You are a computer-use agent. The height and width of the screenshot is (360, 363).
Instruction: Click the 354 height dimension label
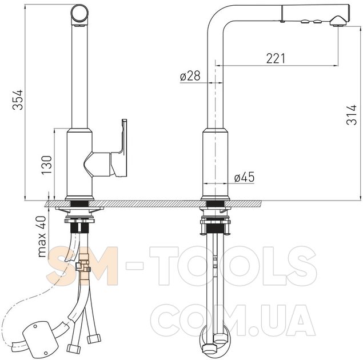pyautogui.click(x=18, y=100)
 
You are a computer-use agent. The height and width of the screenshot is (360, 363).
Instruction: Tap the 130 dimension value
pyautogui.click(x=46, y=165)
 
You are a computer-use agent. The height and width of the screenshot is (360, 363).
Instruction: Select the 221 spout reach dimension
pyautogui.click(x=276, y=58)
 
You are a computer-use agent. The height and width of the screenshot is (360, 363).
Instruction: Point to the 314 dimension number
pyautogui.click(x=352, y=115)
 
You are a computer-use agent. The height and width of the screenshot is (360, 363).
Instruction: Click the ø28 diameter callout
pyautogui.click(x=190, y=75)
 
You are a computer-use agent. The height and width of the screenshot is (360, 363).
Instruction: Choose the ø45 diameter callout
pyautogui.click(x=244, y=177)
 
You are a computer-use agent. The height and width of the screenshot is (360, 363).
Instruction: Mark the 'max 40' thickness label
pyautogui.click(x=42, y=237)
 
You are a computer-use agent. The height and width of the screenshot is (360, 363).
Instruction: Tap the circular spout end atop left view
pyautogui.click(x=79, y=13)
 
